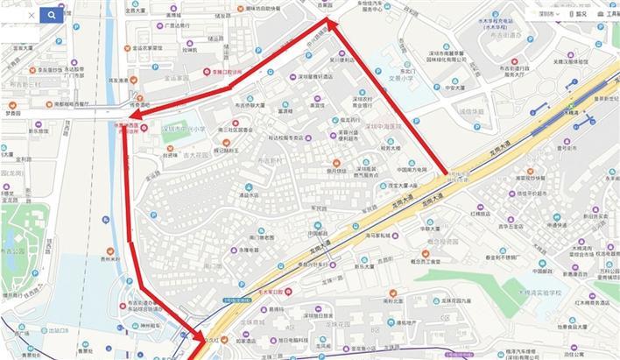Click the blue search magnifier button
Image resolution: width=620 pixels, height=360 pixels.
52,15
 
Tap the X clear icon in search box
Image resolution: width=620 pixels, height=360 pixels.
32,15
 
